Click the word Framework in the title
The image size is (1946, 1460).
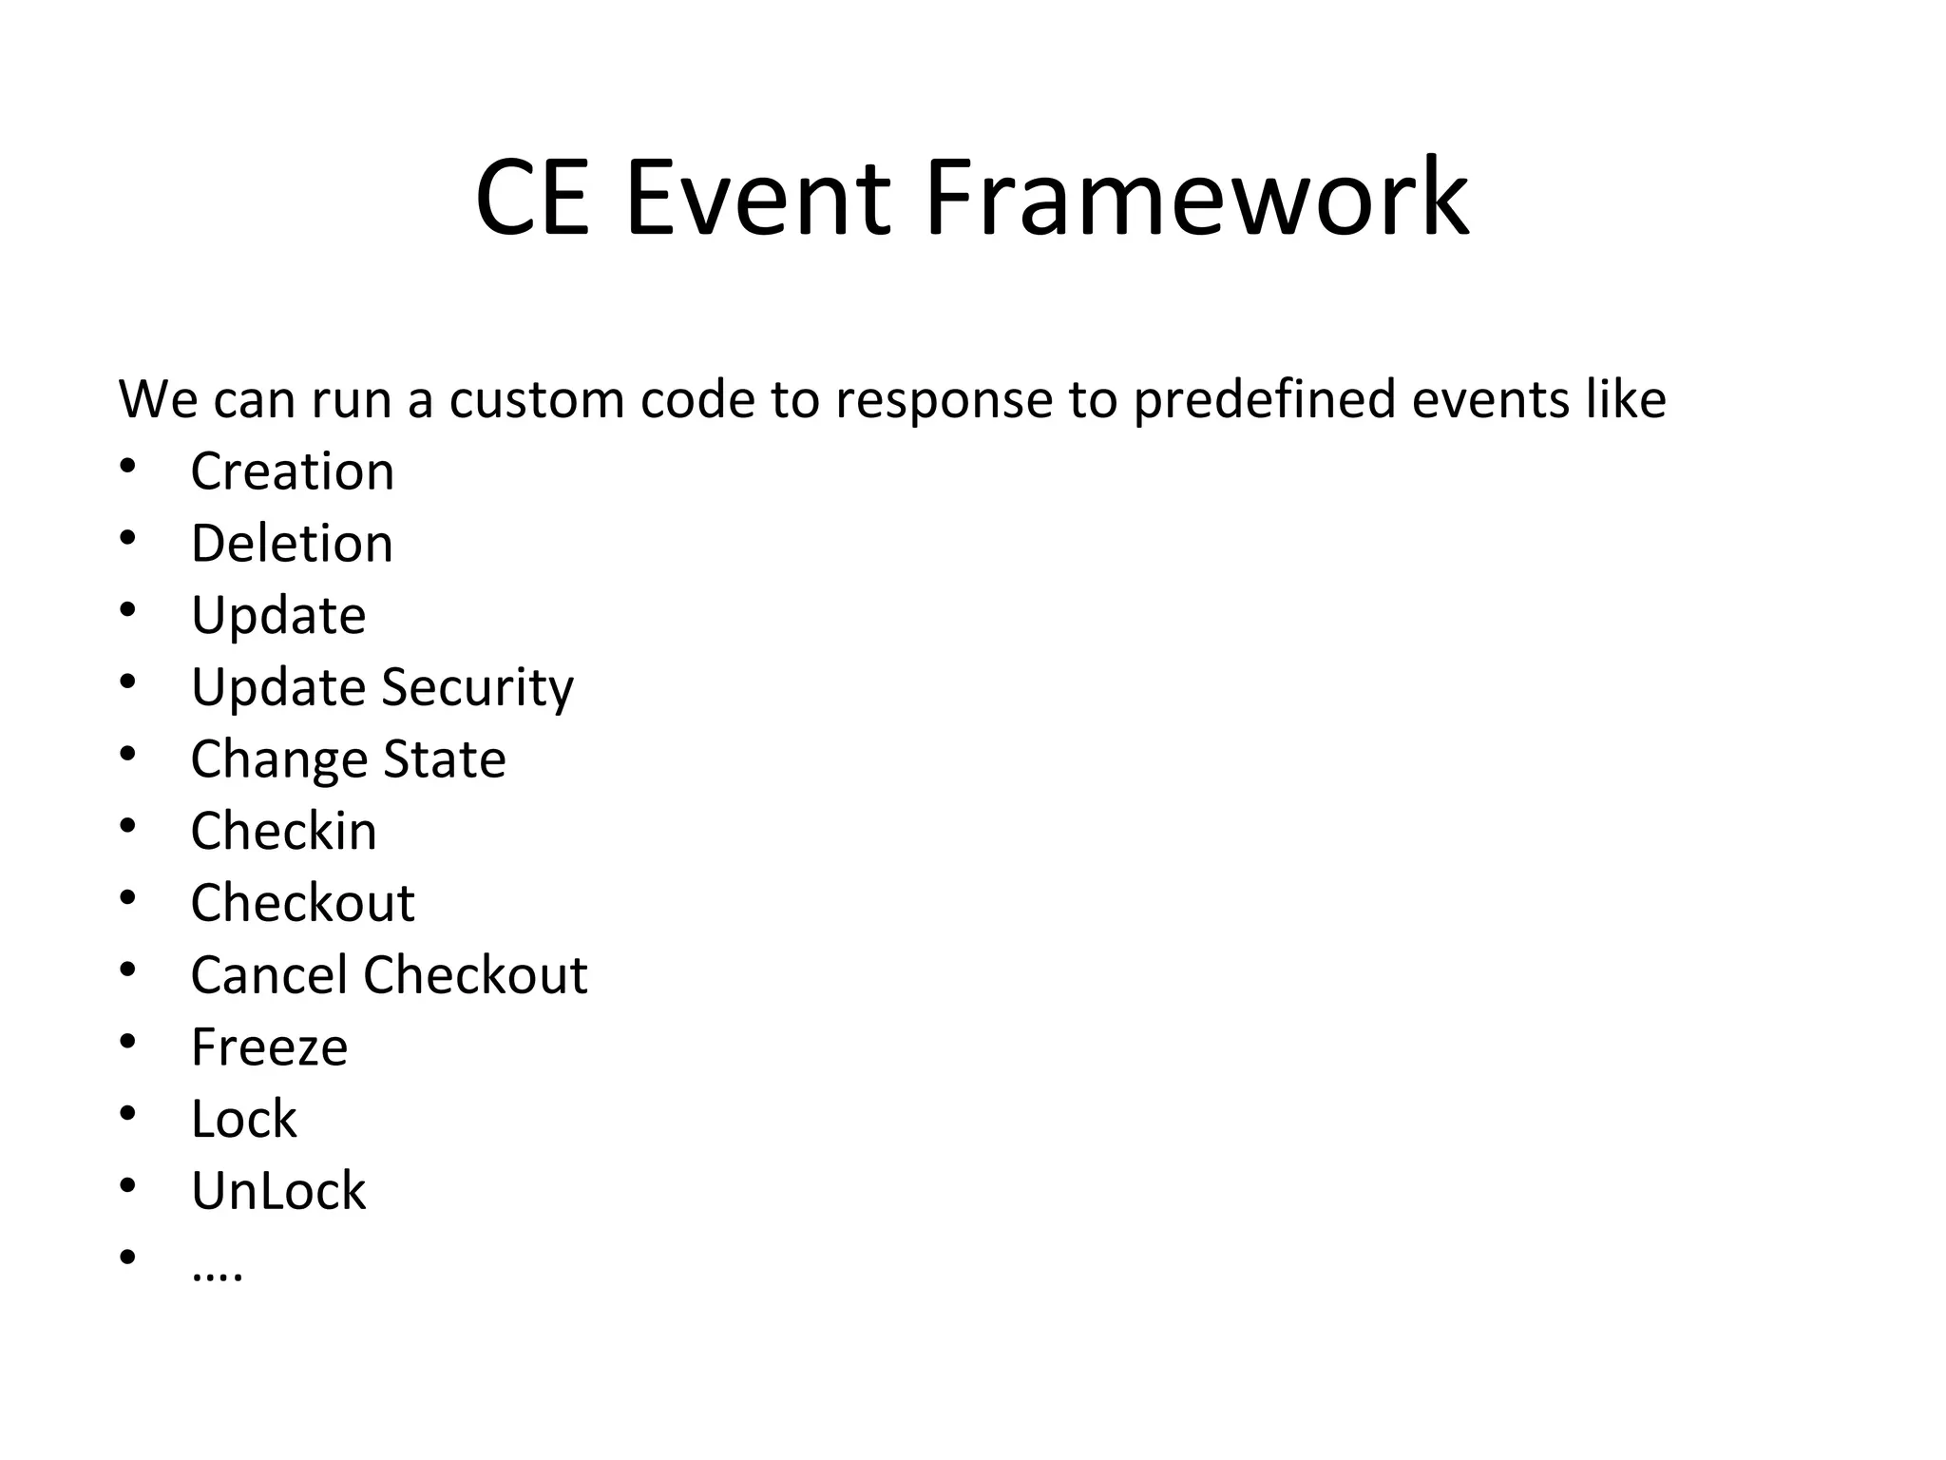pos(1196,198)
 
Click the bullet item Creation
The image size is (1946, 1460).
pos(292,471)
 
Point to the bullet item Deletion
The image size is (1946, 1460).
pos(292,544)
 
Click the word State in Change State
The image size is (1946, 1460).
pos(444,759)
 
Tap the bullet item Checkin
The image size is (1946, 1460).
pos(283,831)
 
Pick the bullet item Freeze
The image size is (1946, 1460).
pos(269,1047)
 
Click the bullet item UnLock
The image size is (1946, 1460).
pos(277,1191)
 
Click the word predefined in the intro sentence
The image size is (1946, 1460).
pos(1264,399)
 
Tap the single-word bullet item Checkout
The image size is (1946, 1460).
pos(302,903)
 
